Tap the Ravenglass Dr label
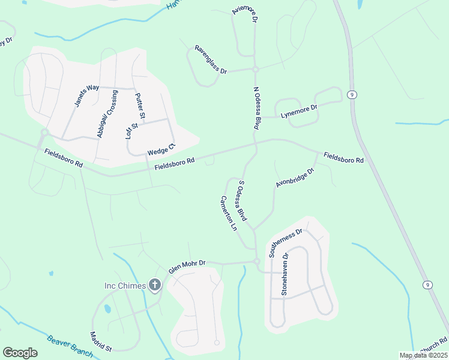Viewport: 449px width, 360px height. pyautogui.click(x=210, y=59)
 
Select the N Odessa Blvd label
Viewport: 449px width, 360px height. pyautogui.click(x=256, y=109)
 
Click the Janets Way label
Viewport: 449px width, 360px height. pyautogui.click(x=86, y=95)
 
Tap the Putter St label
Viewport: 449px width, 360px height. pyautogui.click(x=140, y=106)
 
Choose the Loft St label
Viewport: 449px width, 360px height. pyautogui.click(x=131, y=130)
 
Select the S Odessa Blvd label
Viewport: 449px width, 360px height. pyautogui.click(x=243, y=200)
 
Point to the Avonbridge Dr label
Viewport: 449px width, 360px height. pyautogui.click(x=295, y=178)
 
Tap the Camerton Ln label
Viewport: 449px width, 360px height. pyautogui.click(x=228, y=214)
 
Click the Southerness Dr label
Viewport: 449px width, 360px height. pyautogui.click(x=288, y=243)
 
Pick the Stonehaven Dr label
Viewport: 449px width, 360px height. pyautogui.click(x=285, y=274)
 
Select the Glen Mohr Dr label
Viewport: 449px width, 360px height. pyautogui.click(x=187, y=267)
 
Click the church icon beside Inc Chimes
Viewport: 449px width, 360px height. pyautogui.click(x=155, y=285)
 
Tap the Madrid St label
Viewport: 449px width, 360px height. pyautogui.click(x=101, y=341)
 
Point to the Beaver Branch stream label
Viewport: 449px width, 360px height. pyautogui.click(x=70, y=346)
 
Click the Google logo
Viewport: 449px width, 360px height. pyautogui.click(x=20, y=353)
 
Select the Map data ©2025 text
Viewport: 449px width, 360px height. pyautogui.click(x=423, y=355)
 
